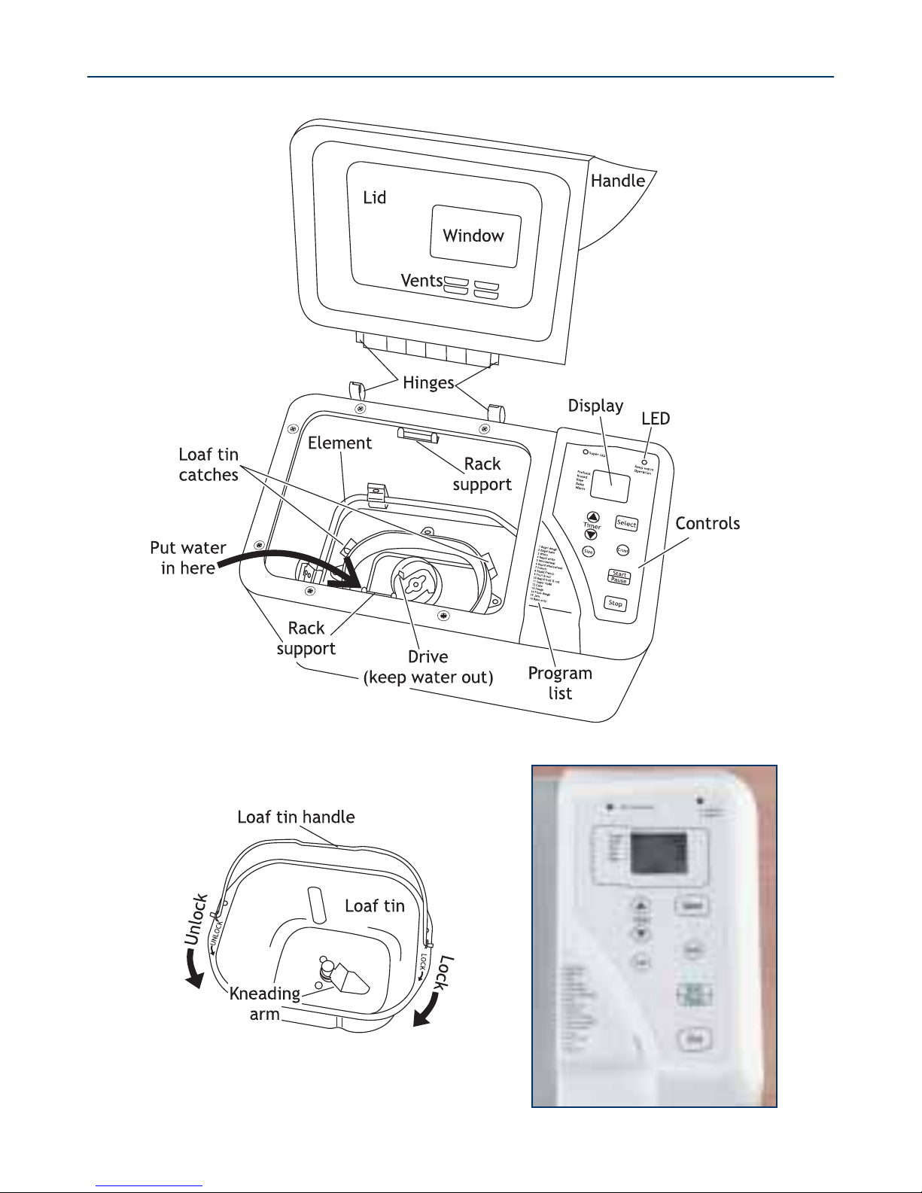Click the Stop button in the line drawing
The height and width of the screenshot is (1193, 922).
[616, 604]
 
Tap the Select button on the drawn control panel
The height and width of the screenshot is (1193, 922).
[626, 523]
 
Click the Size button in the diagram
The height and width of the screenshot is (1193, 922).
[589, 552]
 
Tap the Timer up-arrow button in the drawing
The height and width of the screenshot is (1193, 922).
[592, 517]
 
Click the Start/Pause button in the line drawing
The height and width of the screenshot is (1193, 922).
[619, 577]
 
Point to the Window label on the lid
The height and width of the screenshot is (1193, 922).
[473, 236]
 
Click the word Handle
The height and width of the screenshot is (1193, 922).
[617, 181]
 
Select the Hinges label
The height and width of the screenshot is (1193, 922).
[428, 382]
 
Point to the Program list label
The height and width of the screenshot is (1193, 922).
[560, 683]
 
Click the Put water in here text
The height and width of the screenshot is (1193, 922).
[188, 558]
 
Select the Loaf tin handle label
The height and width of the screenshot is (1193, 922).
[296, 817]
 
